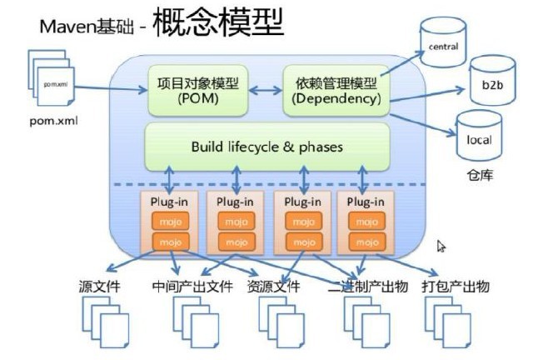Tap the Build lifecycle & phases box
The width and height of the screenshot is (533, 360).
pos(267,147)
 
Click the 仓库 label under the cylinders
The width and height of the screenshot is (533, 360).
pos(482,177)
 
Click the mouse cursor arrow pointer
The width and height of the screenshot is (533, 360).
pos(441,246)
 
